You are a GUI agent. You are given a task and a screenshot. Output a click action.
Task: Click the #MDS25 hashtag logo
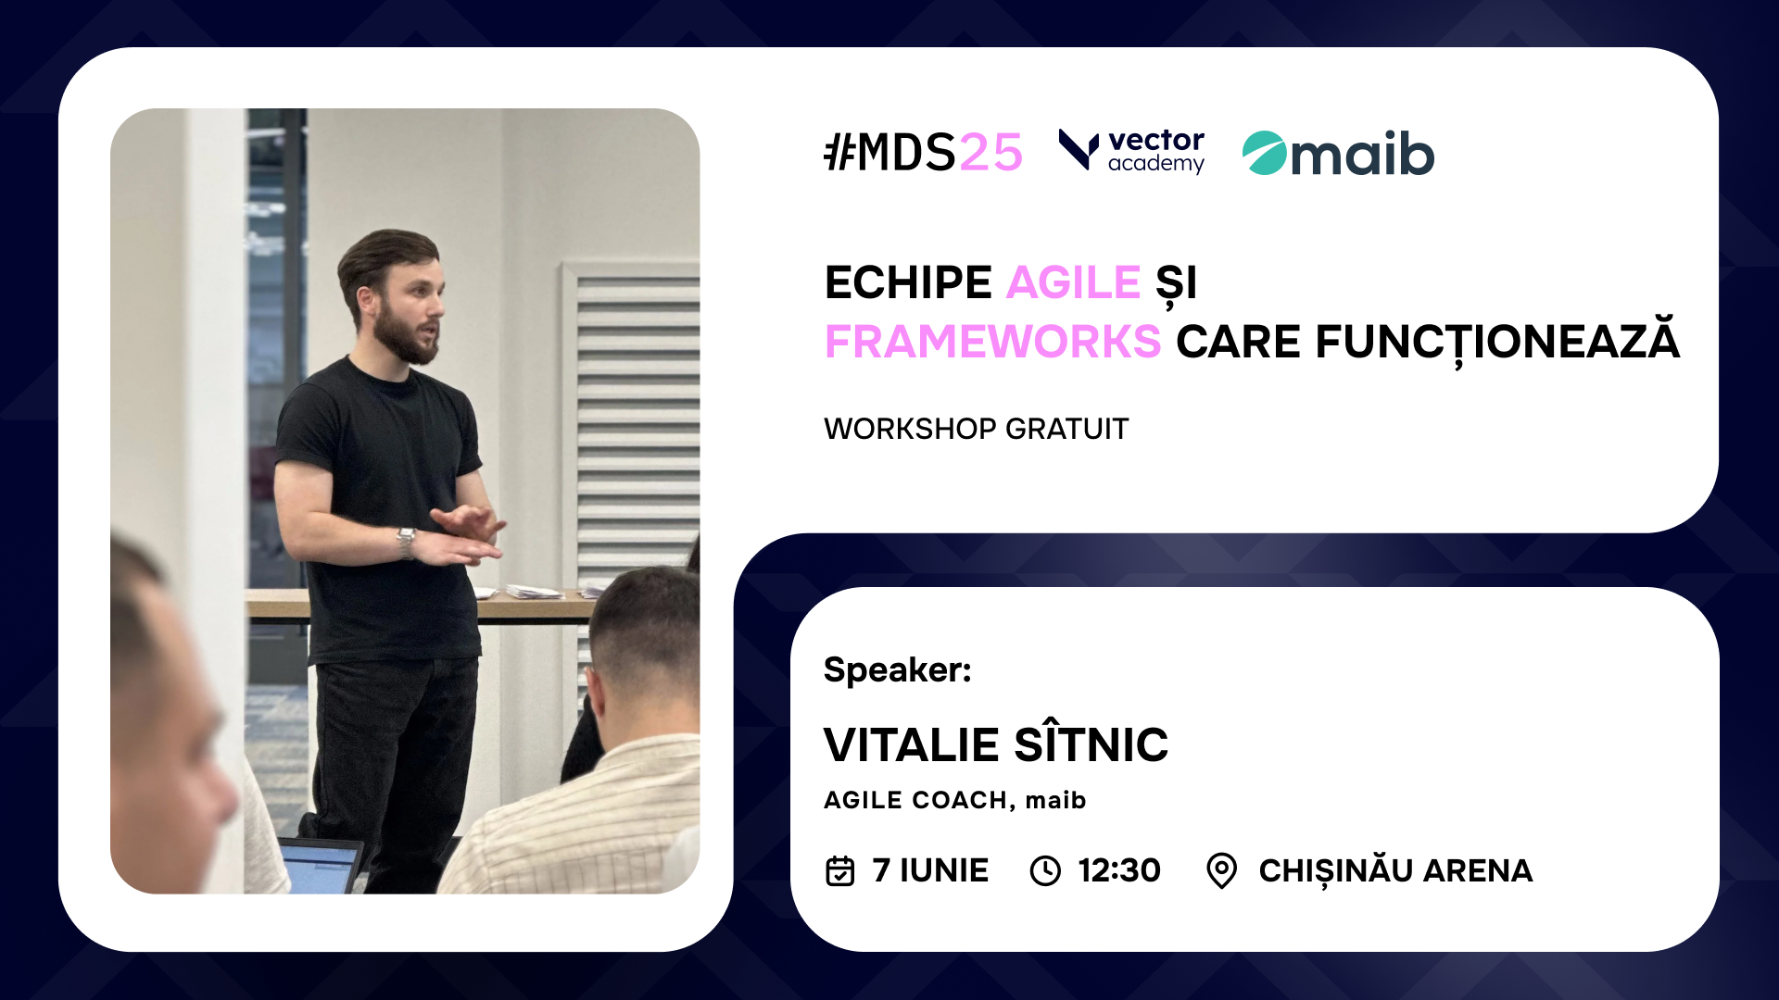[923, 153]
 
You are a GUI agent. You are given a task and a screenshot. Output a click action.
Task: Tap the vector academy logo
[1131, 151]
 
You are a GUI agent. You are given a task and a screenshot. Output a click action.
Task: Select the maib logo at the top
[1338, 153]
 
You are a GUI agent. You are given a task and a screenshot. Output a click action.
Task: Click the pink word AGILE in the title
[1073, 282]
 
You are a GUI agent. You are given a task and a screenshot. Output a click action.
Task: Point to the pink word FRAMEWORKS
[992, 342]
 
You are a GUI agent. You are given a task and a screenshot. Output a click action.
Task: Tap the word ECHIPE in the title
[908, 282]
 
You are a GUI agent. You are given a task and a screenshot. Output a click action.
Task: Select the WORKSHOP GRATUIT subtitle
[976, 429]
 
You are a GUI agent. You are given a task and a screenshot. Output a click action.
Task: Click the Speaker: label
[897, 669]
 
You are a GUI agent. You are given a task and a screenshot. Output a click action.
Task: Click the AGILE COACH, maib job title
[954, 800]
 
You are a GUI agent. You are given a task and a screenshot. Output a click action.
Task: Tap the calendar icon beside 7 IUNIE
[839, 870]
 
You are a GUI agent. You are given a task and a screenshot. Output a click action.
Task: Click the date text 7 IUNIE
[930, 870]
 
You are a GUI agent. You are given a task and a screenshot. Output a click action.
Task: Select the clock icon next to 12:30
[1045, 870]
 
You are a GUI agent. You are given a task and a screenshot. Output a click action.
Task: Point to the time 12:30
[1119, 870]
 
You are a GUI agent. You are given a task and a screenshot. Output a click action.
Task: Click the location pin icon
[1222, 870]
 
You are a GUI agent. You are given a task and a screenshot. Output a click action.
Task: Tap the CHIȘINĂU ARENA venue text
[1395, 869]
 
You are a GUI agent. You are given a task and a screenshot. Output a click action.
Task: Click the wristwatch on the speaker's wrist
[406, 543]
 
